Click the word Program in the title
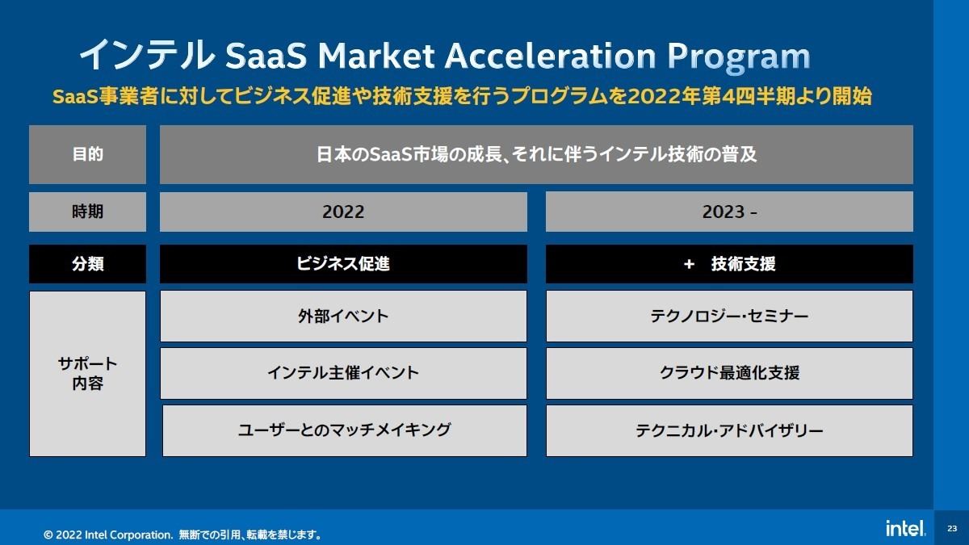[739, 57]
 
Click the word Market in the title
[376, 56]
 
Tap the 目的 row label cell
[87, 154]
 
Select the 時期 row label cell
[87, 212]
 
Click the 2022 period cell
[343, 212]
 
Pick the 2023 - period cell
[729, 212]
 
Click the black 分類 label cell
[87, 264]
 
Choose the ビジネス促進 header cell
[343, 264]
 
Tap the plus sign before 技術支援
[689, 264]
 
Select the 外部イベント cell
[343, 316]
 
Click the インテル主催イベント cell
[343, 373]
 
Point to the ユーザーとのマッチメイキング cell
[345, 430]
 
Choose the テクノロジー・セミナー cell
[729, 316]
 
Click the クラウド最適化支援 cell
[729, 373]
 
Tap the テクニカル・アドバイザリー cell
[729, 430]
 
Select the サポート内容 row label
[87, 373]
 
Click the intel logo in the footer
[906, 528]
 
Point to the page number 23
[952, 528]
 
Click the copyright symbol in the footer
[48, 535]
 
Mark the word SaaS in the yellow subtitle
[75, 96]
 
